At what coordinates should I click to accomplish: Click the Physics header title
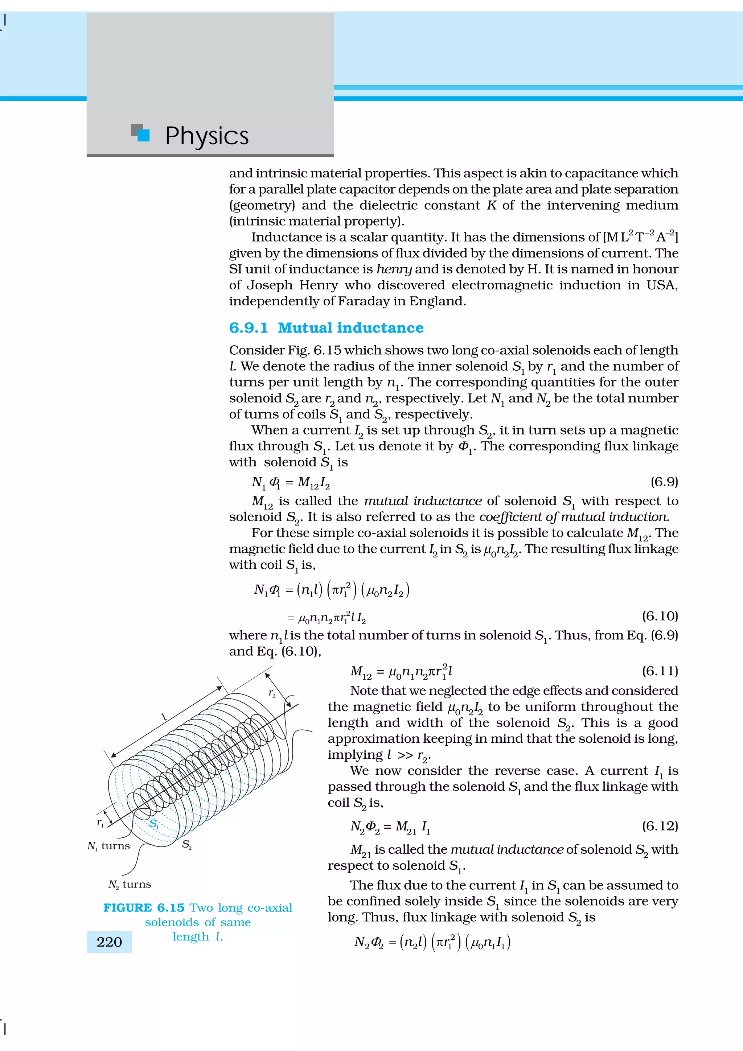point(206,136)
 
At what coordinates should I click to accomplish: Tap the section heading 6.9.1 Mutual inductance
point(326,328)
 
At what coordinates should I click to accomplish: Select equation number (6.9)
point(664,482)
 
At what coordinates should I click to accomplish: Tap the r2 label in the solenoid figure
point(272,693)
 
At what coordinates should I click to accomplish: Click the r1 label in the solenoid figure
point(100,823)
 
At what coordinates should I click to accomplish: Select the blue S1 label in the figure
point(154,824)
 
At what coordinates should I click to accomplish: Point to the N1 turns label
point(108,846)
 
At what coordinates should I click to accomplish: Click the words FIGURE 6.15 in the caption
point(144,908)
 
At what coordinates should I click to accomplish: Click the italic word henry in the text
point(394,269)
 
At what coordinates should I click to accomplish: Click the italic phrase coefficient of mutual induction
point(574,517)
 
